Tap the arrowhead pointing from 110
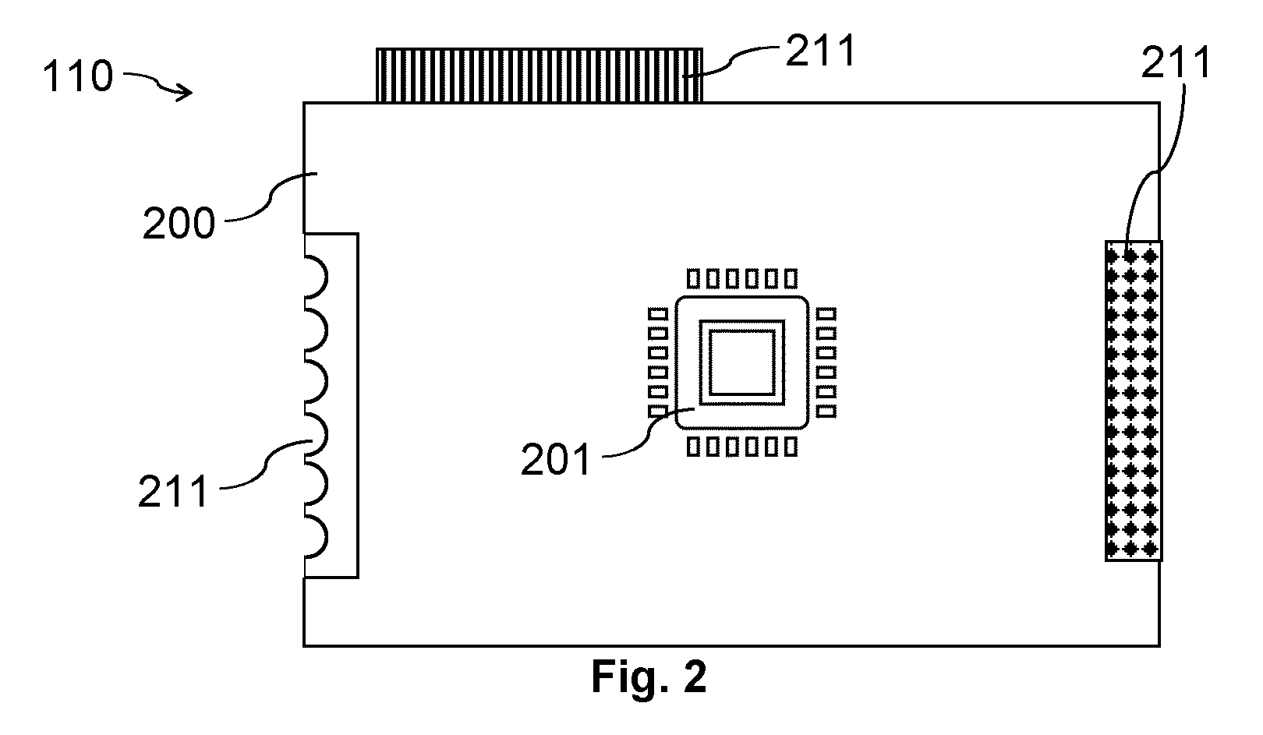(185, 92)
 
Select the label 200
(179, 223)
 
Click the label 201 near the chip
(556, 459)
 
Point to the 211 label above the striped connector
(820, 50)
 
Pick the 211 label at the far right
(1176, 62)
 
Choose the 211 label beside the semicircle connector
(173, 492)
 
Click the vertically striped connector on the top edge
(540, 76)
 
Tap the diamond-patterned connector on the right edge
(1134, 401)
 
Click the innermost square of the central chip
(741, 362)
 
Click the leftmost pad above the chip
(694, 278)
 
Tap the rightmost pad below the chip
(791, 447)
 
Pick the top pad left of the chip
(657, 314)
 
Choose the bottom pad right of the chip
(826, 411)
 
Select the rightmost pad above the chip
(791, 278)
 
